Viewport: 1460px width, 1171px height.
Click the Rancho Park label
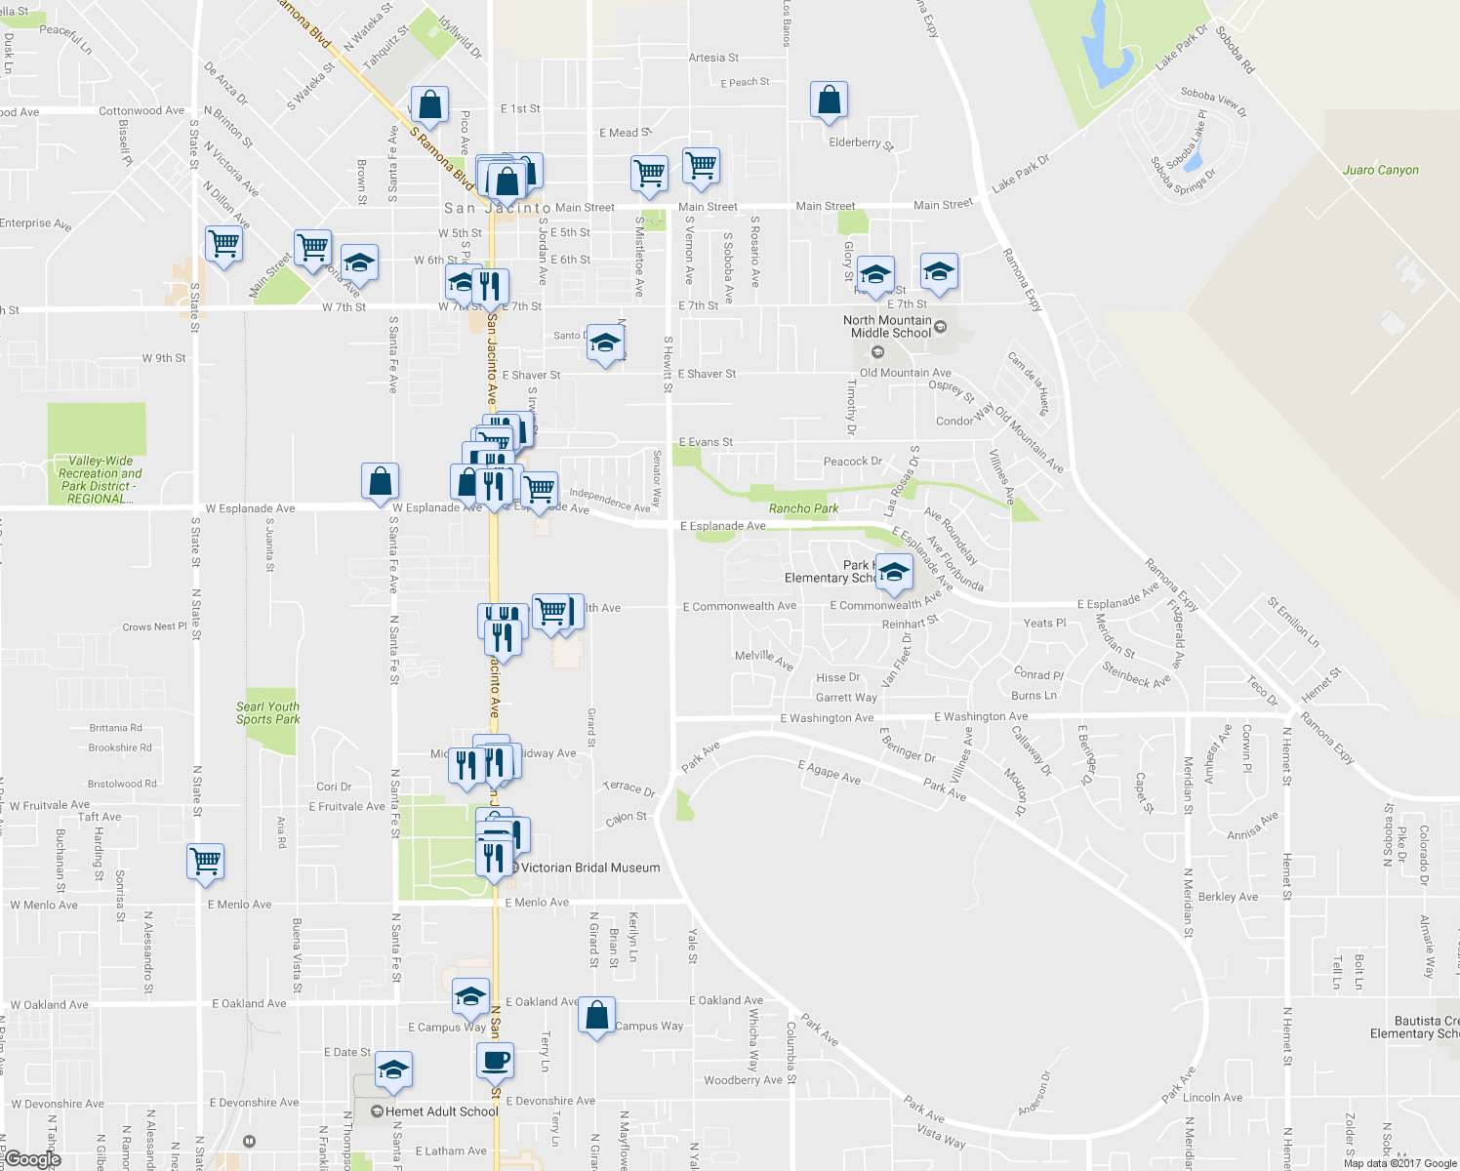click(803, 508)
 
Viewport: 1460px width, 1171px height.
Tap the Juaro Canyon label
click(1380, 170)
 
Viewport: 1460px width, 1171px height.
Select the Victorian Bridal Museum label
click(589, 868)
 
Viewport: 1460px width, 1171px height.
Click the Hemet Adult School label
click(441, 1111)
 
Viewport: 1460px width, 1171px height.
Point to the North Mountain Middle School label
click(887, 327)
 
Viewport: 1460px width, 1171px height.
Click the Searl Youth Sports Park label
click(267, 713)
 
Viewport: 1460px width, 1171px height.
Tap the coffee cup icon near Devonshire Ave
click(495, 1060)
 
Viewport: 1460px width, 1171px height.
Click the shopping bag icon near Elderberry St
click(829, 100)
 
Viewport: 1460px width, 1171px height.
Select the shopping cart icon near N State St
click(205, 862)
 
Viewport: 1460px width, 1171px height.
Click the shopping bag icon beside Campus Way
click(596, 1016)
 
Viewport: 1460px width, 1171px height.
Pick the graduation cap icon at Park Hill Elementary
click(893, 572)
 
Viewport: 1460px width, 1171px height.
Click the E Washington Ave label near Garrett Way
click(827, 718)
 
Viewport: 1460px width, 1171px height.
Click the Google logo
click(32, 1159)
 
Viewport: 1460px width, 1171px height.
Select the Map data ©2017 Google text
click(1399, 1163)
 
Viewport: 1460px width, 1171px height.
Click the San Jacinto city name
click(497, 208)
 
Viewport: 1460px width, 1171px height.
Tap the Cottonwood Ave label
click(142, 111)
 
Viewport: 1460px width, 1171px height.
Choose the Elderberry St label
click(861, 143)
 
